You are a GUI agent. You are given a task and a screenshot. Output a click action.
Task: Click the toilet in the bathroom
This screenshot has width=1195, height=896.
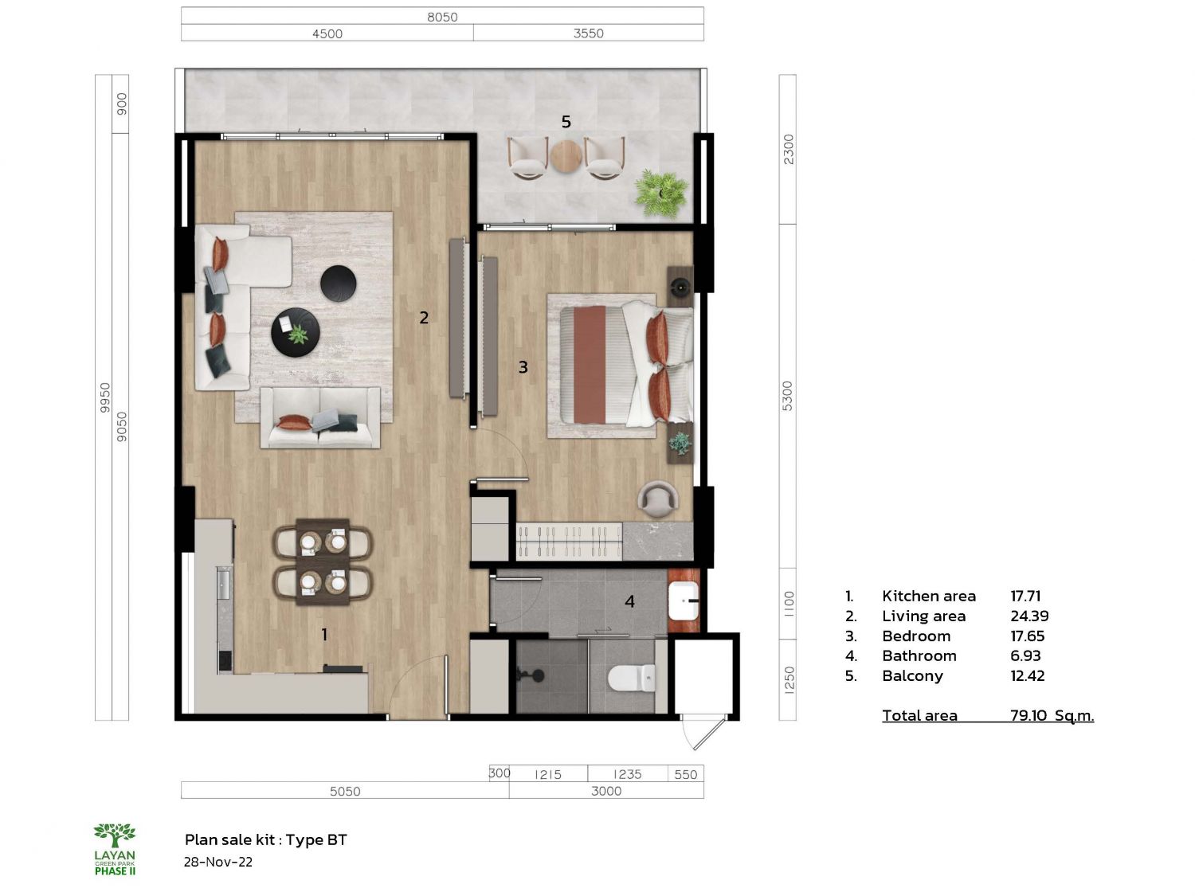(632, 678)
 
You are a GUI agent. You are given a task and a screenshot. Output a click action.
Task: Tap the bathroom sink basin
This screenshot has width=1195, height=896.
(684, 601)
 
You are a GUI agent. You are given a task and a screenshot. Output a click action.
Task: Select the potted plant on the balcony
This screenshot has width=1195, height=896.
(661, 193)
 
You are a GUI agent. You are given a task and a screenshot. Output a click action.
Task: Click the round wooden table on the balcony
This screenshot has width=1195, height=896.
(566, 156)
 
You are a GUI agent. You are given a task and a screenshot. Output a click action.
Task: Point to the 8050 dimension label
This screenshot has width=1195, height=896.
(442, 17)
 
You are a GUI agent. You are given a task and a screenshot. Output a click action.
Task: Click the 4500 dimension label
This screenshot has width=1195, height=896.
(327, 33)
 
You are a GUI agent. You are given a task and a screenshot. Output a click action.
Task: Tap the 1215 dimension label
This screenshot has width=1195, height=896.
(547, 774)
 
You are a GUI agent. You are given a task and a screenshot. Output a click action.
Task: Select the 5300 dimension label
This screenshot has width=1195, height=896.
(788, 396)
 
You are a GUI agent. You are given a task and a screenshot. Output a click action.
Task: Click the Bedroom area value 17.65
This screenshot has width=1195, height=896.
(1028, 636)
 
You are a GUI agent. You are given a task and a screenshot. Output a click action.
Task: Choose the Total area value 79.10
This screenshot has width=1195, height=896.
(1028, 715)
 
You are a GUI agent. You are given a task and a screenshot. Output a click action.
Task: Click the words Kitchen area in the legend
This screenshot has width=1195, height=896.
(929, 597)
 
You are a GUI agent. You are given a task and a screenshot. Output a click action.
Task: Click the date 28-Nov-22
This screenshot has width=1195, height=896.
(218, 863)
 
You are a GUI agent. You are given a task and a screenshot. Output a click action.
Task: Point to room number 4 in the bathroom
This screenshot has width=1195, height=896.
(630, 601)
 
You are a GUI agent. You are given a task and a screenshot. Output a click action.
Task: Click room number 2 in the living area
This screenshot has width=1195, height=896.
(424, 318)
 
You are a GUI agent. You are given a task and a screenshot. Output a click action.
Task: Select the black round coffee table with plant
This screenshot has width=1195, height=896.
(296, 332)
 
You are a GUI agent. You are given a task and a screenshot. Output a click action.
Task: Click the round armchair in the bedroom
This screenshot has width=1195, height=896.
(658, 499)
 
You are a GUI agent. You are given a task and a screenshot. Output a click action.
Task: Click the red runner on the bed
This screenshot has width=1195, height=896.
(590, 365)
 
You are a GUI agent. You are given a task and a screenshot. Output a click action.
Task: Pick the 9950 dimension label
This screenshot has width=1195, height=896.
(105, 397)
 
